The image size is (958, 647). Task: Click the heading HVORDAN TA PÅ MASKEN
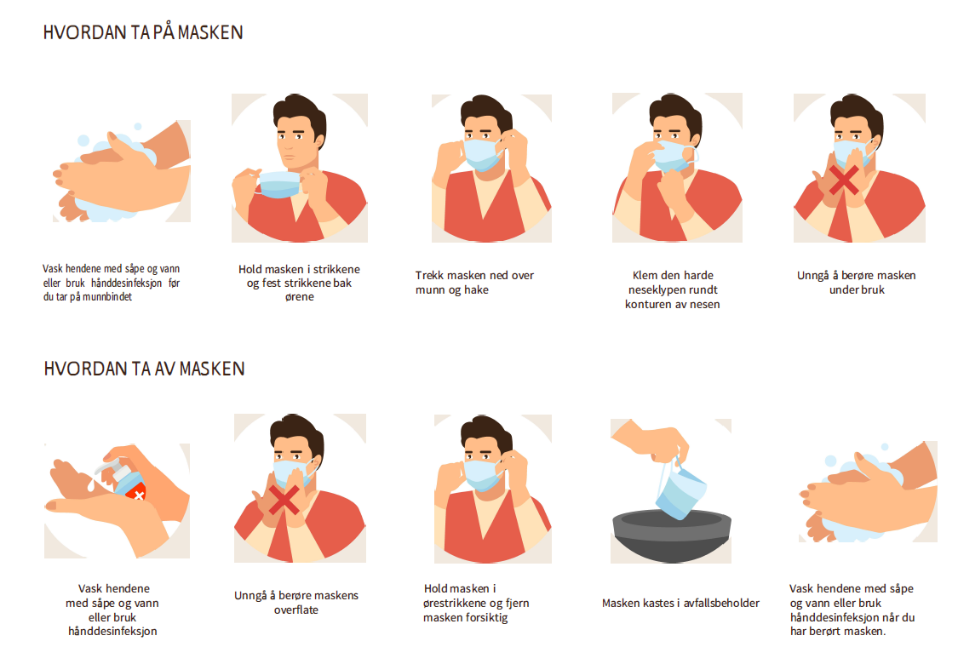click(143, 32)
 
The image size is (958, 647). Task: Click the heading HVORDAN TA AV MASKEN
click(144, 369)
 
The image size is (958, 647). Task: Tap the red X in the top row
click(844, 180)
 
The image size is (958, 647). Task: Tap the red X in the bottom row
click(284, 501)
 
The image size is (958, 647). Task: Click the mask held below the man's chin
click(279, 184)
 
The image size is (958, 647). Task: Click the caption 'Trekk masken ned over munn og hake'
click(474, 283)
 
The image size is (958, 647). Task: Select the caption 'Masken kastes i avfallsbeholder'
click(680, 603)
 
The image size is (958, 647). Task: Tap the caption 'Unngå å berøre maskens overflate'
click(296, 603)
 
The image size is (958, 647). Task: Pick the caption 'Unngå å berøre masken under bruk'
click(857, 283)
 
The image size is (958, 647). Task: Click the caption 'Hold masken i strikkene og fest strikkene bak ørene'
click(300, 283)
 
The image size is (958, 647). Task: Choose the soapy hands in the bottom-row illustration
click(869, 493)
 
